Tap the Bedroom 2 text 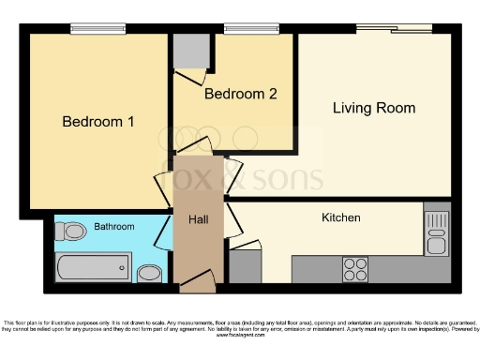click(x=241, y=94)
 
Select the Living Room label click(x=374, y=108)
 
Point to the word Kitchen click(x=341, y=217)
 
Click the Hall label click(x=198, y=218)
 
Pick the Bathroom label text click(x=113, y=227)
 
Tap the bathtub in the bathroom click(x=92, y=267)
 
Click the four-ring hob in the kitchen click(x=355, y=269)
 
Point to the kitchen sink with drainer click(x=436, y=233)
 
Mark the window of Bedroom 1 click(x=98, y=28)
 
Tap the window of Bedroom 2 click(x=251, y=28)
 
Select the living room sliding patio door click(x=393, y=29)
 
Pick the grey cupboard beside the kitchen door click(x=245, y=266)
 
